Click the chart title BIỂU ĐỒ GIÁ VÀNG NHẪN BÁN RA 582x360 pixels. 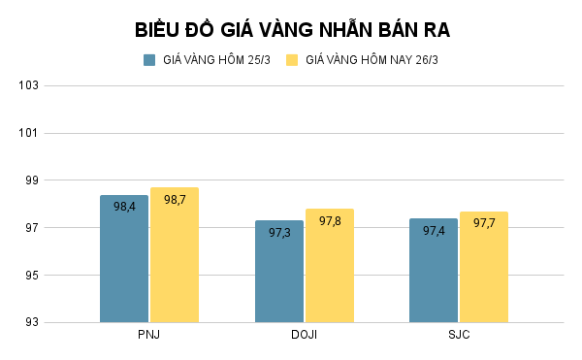coord(291,29)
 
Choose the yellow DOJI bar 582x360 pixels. coord(330,277)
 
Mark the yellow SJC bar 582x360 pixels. coord(484,277)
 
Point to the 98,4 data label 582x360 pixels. coord(124,207)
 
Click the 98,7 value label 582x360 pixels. coord(175,200)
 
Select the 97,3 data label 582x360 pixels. coord(279,233)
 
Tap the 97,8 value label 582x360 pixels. coord(330,221)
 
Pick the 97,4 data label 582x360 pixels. coord(434,231)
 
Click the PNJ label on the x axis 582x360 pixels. coord(149,335)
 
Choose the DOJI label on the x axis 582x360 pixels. coord(304,335)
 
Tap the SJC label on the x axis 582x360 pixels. coord(459,335)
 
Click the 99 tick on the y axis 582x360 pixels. coord(30,180)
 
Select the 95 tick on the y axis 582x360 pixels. coord(30,276)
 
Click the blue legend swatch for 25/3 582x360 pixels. coord(149,60)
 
